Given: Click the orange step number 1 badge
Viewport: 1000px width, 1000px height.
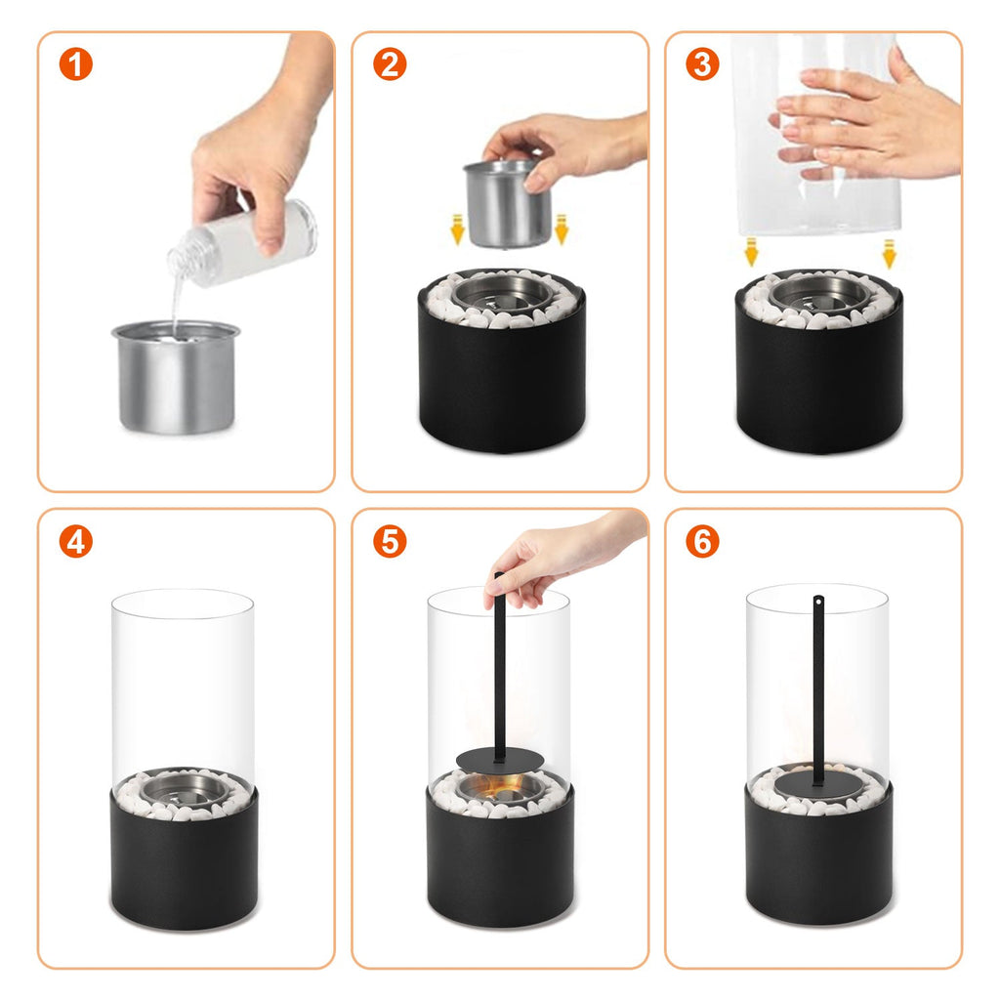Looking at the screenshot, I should point(75,64).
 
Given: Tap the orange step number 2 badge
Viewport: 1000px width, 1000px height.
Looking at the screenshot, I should point(389,64).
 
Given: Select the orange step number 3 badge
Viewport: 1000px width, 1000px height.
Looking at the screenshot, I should point(702,64).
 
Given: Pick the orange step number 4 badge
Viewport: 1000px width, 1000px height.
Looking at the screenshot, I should point(75,541).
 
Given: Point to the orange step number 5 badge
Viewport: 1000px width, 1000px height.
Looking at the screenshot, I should point(389,541).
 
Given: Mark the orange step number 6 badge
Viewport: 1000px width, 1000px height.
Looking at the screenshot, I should point(702,541).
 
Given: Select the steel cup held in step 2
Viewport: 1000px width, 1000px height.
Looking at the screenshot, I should point(506,205).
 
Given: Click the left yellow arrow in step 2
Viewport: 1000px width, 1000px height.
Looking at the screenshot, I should point(457,230).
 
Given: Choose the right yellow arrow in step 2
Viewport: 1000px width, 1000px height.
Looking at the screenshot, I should point(561,230).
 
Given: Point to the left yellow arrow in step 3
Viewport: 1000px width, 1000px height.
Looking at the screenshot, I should point(751,252).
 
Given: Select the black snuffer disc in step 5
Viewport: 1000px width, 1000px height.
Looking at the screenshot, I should point(499,759).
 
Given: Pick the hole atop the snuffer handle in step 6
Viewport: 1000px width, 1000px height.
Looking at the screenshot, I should point(818,601).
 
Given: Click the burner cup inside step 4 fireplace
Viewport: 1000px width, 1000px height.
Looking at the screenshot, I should point(182,788).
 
